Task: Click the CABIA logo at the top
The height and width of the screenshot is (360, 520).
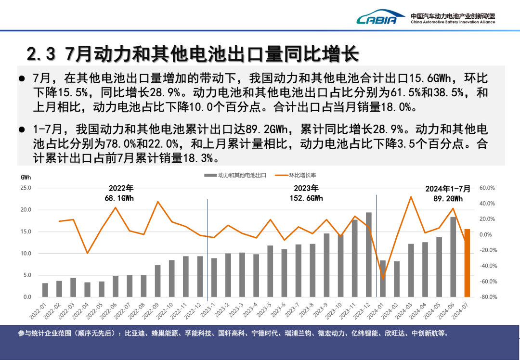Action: click(x=377, y=18)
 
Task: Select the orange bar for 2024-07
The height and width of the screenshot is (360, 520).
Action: click(x=467, y=263)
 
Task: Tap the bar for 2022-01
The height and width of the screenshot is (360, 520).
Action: click(x=45, y=290)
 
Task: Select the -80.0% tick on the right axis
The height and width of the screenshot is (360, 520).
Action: click(x=488, y=297)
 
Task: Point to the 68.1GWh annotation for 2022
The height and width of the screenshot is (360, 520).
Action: click(x=121, y=198)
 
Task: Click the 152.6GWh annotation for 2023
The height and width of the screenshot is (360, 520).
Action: click(x=306, y=198)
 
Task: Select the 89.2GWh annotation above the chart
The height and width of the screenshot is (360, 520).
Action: click(x=448, y=198)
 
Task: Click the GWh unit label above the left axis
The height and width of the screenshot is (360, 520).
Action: click(x=26, y=177)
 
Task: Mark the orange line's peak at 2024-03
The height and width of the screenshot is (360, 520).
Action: click(x=411, y=196)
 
